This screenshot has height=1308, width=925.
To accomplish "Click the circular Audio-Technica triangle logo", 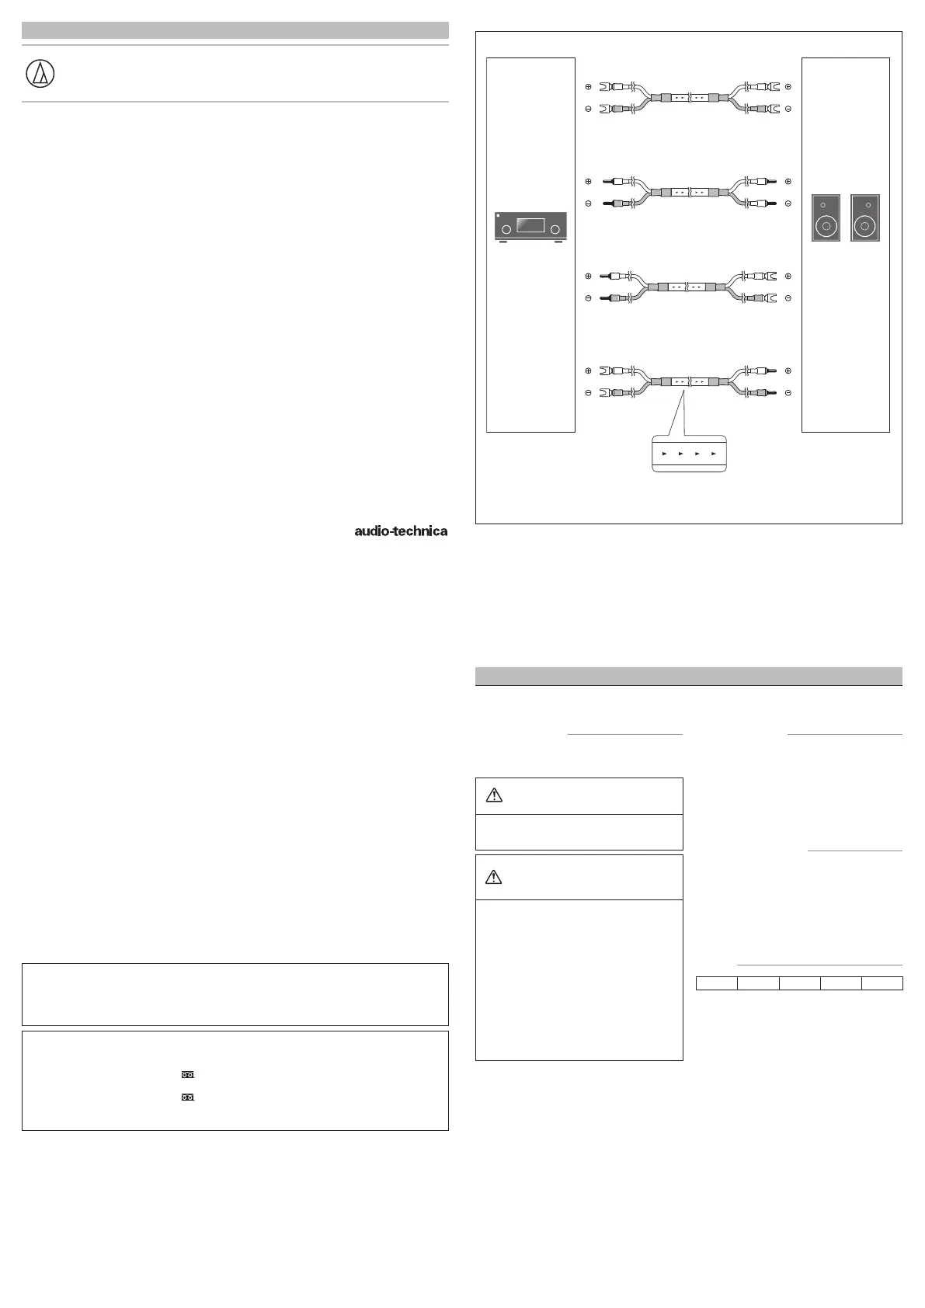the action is click(x=40, y=74).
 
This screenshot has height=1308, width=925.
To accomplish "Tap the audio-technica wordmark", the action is click(x=401, y=531).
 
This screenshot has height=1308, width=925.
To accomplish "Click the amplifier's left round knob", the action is click(x=506, y=228).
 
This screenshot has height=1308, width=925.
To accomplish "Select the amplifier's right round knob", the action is click(x=555, y=228).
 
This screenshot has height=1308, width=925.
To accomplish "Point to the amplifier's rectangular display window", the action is click(x=530, y=226).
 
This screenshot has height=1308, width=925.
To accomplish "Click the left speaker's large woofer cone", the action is click(x=826, y=227).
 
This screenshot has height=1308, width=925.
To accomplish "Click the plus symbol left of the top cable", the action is click(x=588, y=87).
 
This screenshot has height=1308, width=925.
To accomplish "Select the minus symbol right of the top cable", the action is click(x=788, y=109).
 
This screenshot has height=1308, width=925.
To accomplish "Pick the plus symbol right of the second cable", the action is click(x=788, y=182).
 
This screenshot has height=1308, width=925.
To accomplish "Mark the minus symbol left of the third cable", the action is click(x=588, y=298).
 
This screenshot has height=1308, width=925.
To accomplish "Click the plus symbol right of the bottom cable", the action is click(x=788, y=371).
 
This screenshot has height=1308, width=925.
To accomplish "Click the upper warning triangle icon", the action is click(x=494, y=795).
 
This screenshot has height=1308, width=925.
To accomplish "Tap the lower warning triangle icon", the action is click(x=494, y=877).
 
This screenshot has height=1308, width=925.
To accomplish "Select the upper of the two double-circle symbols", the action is click(x=187, y=1075).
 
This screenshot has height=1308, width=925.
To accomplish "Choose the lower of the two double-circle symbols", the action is click(x=187, y=1098).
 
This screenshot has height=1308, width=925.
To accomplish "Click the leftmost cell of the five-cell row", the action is click(x=716, y=984).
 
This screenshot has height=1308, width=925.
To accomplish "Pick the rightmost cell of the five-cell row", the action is click(x=882, y=984).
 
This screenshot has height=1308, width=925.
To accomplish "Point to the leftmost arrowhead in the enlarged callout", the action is click(x=664, y=453).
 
